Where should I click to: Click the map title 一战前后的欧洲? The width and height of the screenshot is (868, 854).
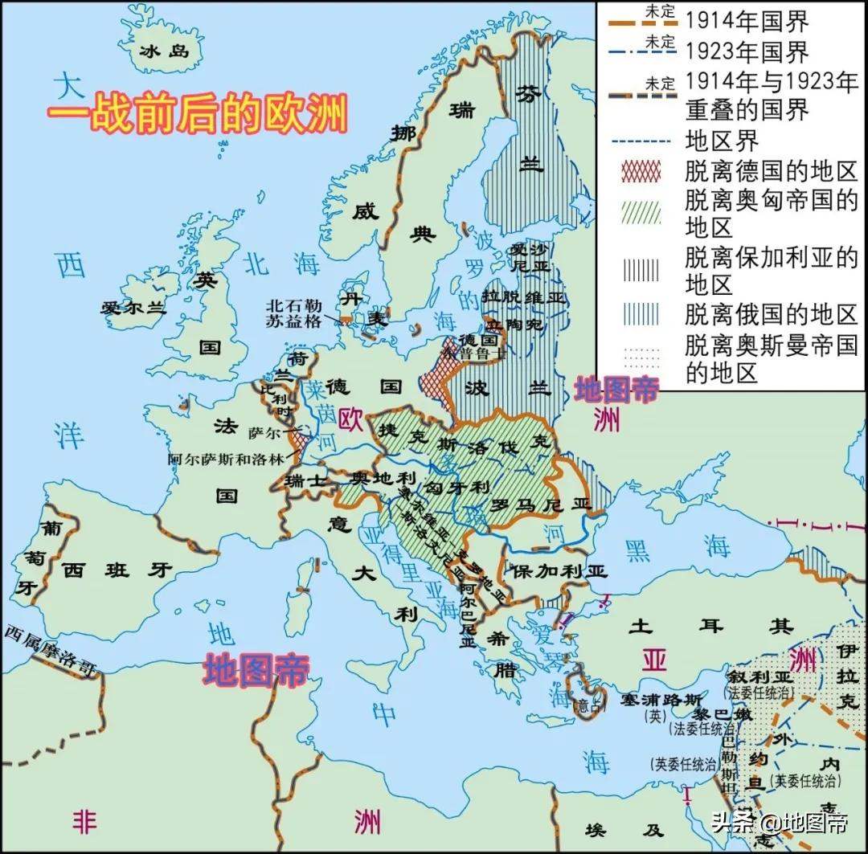[197, 113]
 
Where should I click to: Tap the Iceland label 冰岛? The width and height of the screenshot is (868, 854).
[163, 51]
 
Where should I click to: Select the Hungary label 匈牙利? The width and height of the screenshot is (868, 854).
[458, 487]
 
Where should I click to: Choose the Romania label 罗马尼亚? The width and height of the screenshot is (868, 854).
[539, 505]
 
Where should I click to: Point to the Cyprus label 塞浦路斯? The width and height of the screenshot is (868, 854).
[652, 697]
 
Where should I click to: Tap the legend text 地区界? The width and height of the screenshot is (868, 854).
[722, 141]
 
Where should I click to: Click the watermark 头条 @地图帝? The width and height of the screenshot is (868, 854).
[778, 823]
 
